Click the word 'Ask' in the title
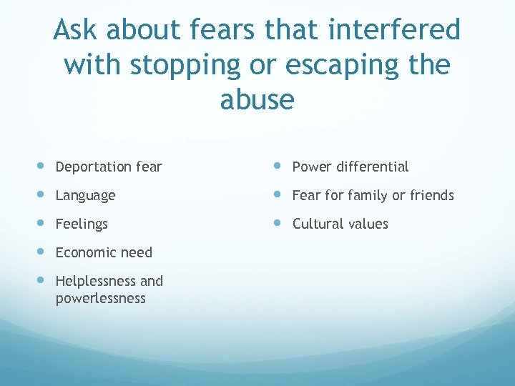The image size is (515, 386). click(x=74, y=31)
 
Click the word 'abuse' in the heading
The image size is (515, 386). click(x=257, y=100)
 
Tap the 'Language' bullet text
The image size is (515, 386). click(x=85, y=196)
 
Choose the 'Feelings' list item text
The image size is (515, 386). click(x=82, y=224)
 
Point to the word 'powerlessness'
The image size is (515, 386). click(x=100, y=298)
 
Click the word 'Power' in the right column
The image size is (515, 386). click(x=311, y=167)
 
